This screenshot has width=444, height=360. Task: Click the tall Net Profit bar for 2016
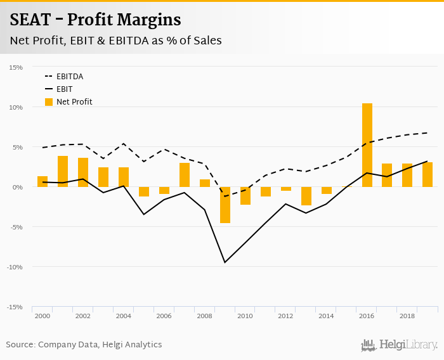pos(367,145)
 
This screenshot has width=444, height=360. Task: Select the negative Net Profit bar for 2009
pos(225,205)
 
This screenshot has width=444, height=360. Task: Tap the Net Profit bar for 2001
pos(63,171)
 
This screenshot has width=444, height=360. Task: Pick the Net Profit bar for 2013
pos(306,196)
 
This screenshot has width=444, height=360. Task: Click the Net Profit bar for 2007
pos(185,175)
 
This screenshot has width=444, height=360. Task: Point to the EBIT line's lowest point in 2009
pos(225,262)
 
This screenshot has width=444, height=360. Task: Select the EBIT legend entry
pos(64,89)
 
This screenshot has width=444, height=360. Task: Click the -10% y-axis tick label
pos(15,267)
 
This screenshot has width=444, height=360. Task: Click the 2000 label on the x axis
pos(42,316)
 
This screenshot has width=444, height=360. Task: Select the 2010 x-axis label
pos(245,316)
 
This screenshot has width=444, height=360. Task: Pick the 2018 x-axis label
pos(407,316)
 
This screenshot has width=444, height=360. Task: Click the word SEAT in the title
pos(31,20)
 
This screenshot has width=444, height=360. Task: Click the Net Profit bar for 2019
pos(428,174)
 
